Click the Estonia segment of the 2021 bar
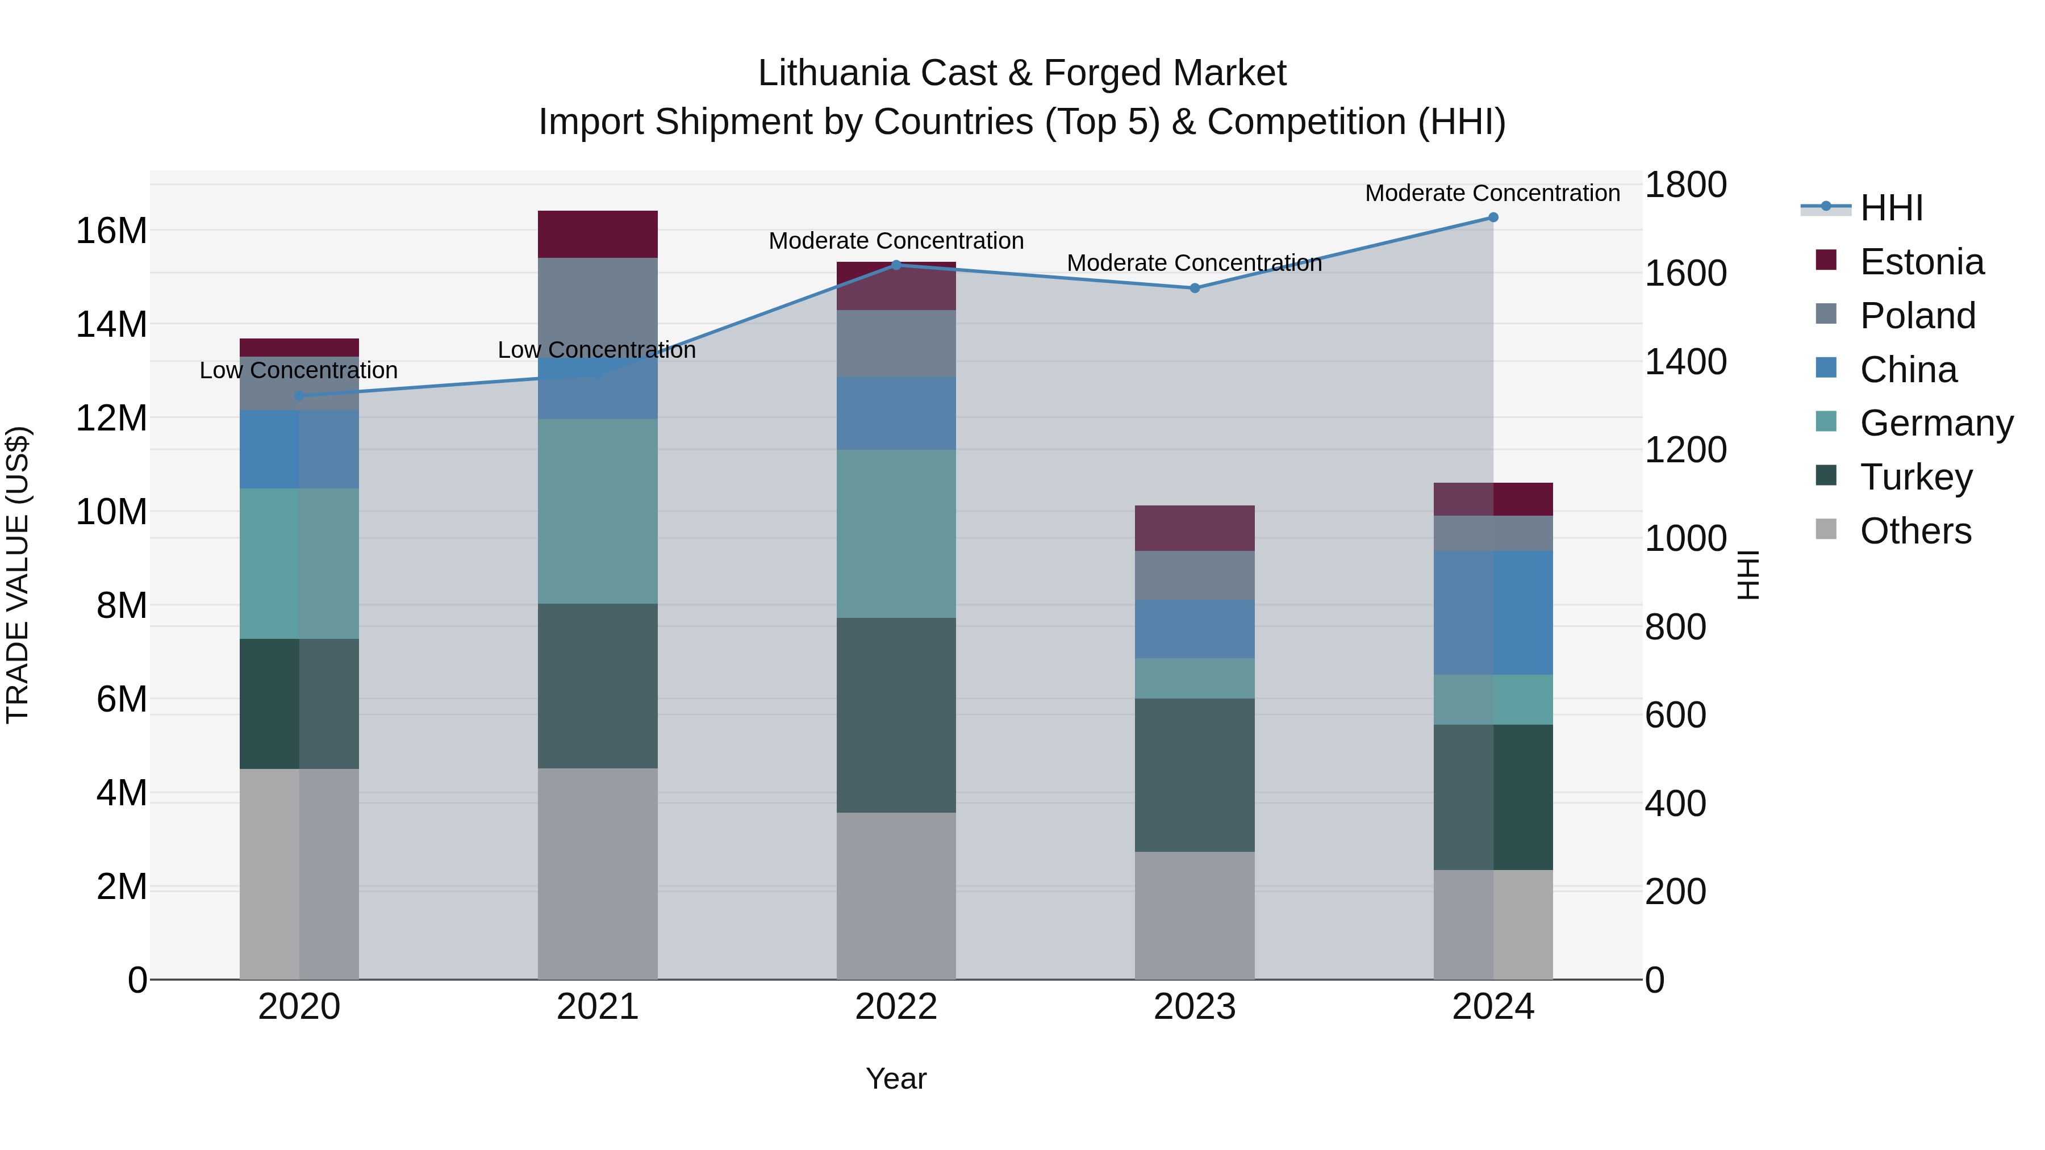(598, 234)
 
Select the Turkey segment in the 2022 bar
(896, 714)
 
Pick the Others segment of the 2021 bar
(598, 873)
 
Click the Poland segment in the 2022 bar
(896, 343)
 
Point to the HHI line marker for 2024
(1493, 218)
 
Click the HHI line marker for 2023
(1195, 288)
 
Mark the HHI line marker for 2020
(299, 396)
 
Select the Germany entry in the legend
(1937, 423)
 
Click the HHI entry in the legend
(1891, 208)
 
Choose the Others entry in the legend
(1915, 531)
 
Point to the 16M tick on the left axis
(111, 231)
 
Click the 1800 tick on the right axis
(1685, 185)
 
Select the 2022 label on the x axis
(896, 1007)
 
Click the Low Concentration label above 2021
(597, 349)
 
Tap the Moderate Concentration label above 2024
(1492, 193)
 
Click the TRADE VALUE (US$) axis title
(18, 575)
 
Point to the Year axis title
(896, 1078)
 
